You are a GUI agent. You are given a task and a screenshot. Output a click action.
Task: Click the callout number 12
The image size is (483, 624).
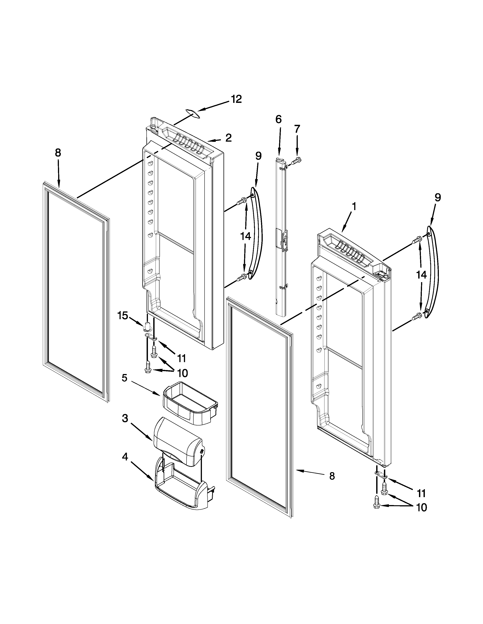tap(236, 99)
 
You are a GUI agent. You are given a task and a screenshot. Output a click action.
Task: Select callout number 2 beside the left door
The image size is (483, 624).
tap(228, 138)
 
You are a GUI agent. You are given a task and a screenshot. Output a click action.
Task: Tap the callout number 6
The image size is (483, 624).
tap(278, 119)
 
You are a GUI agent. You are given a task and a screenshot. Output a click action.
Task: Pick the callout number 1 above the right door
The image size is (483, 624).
tap(354, 206)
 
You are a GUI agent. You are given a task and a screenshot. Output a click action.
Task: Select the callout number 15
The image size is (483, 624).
tap(123, 316)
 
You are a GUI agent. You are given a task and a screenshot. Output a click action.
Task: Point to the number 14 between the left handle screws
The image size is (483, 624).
tap(245, 236)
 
